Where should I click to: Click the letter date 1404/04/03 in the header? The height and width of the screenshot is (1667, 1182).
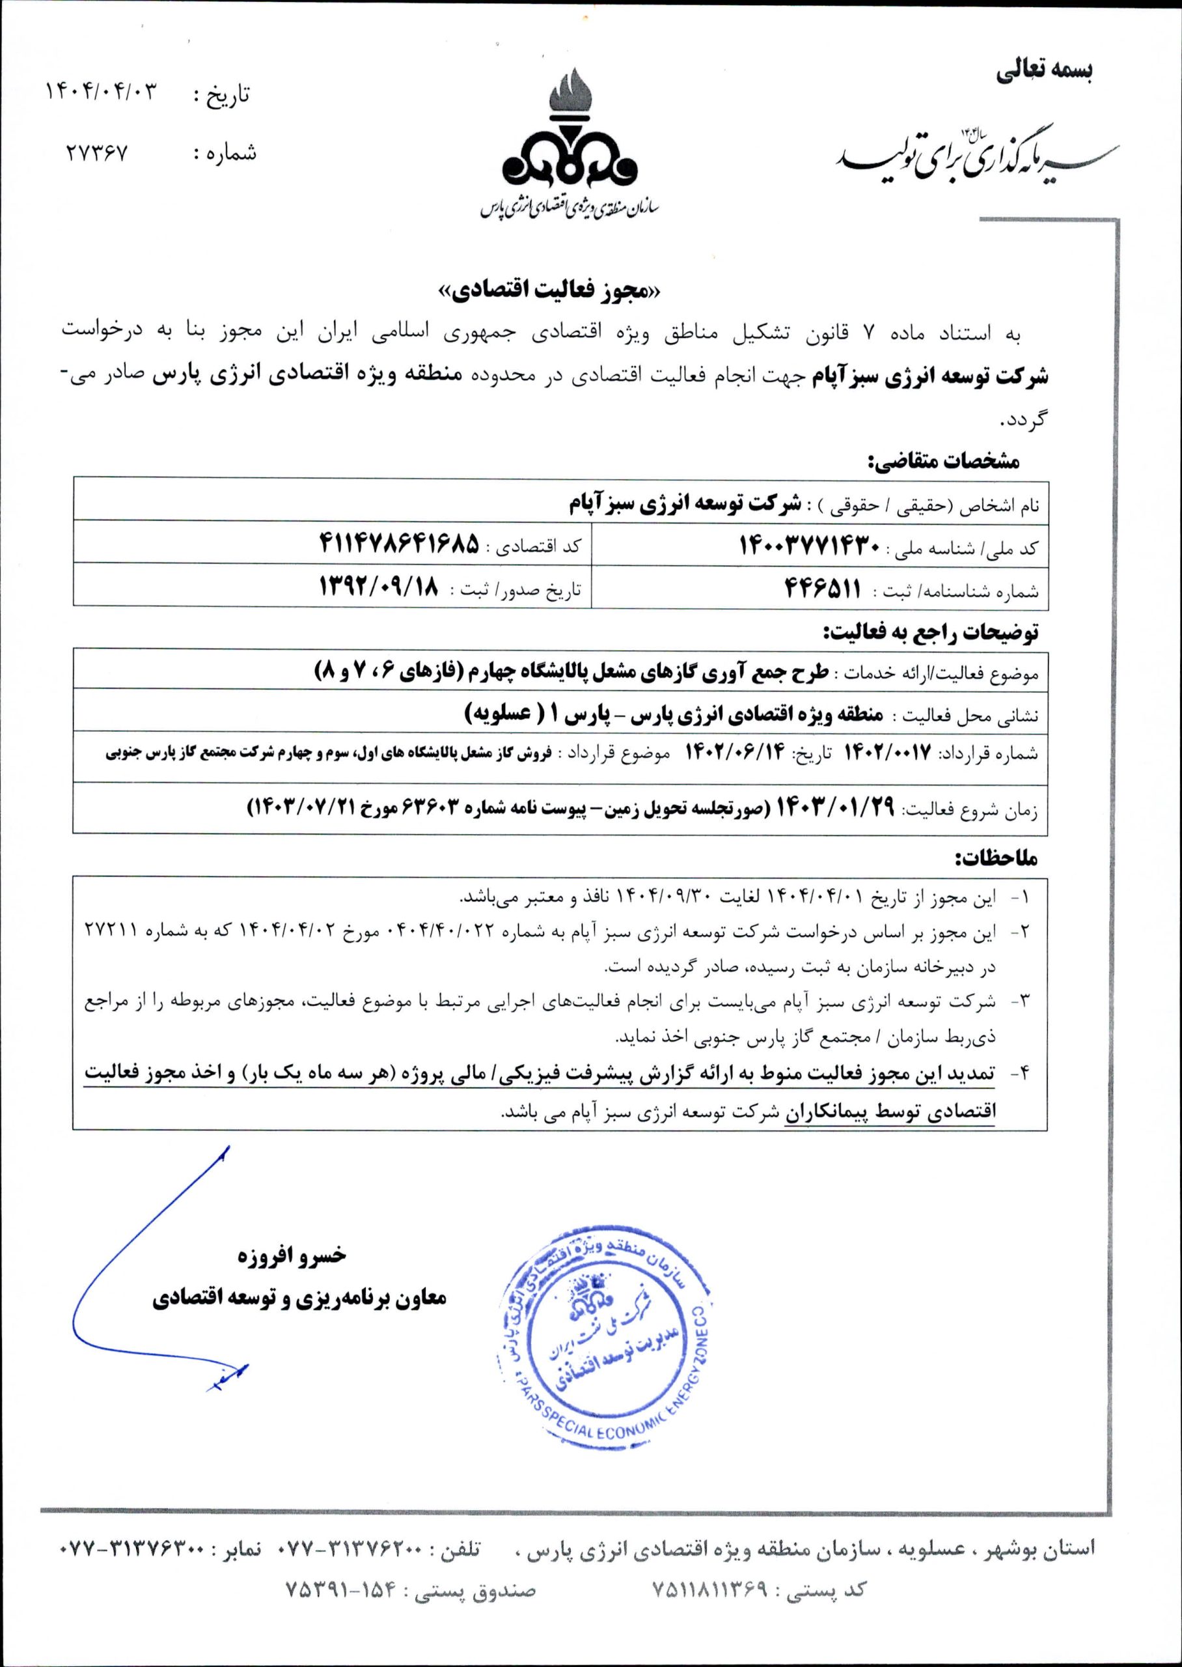[102, 92]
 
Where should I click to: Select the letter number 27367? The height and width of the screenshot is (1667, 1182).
[97, 153]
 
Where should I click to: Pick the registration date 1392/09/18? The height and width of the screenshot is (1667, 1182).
[381, 587]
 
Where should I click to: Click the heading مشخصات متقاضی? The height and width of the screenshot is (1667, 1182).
[943, 460]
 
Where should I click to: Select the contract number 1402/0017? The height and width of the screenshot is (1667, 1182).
[886, 753]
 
